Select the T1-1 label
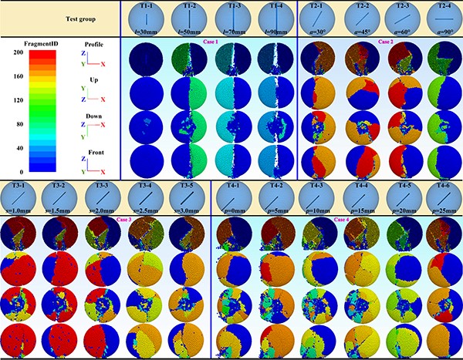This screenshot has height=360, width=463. pos(147,5)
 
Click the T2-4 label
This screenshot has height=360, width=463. pos(443,5)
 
